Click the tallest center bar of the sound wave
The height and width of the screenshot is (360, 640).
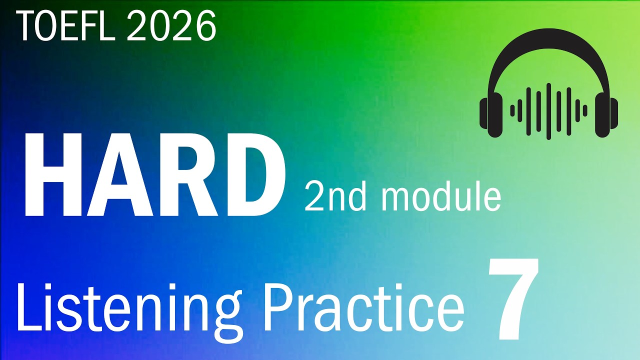pos(548,111)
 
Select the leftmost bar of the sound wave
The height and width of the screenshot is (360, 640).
pos(512,110)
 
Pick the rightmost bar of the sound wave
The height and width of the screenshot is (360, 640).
pos(585,110)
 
